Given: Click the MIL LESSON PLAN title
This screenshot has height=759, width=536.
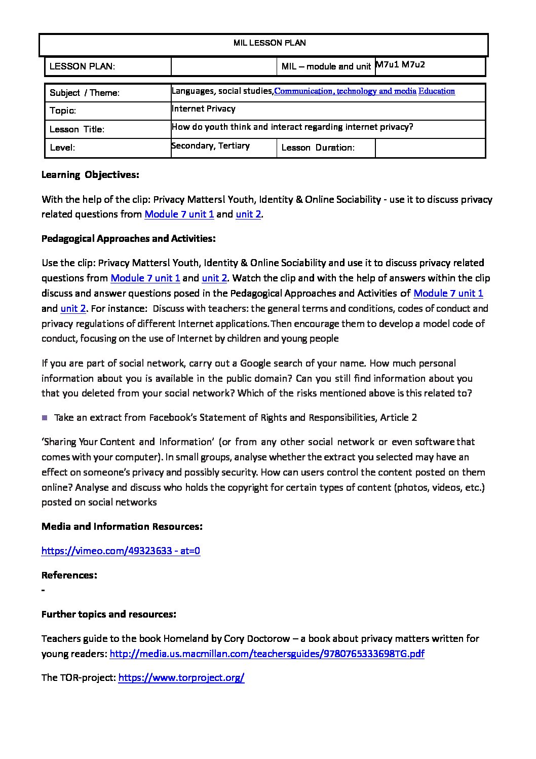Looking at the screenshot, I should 269,43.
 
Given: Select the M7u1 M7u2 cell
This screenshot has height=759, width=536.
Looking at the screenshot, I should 400,65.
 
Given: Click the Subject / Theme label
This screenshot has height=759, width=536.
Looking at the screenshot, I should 85,93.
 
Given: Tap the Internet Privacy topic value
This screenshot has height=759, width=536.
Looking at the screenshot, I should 204,109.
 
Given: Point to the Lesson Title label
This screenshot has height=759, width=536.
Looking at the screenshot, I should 77,129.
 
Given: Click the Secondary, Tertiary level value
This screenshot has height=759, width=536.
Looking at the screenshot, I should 211,146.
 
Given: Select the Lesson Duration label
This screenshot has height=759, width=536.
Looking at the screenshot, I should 318,148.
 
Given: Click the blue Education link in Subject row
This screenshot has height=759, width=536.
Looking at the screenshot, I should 436,91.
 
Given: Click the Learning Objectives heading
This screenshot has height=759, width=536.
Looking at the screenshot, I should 90,175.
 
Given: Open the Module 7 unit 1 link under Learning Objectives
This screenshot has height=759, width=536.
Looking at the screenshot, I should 179,214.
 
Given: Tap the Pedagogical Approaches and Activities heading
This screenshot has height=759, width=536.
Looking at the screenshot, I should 128,238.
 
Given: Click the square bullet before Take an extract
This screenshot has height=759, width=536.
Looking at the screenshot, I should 45,418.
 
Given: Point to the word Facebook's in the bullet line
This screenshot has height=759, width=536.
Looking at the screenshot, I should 173,418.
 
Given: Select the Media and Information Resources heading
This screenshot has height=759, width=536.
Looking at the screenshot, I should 122,526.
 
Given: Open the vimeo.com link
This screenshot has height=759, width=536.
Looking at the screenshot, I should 121,551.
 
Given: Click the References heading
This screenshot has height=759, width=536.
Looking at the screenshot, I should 69,575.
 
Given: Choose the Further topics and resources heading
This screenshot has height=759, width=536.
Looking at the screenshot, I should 108,614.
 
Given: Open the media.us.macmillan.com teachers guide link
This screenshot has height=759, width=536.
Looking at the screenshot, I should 267,654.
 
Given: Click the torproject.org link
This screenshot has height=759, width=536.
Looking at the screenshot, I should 181,678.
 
